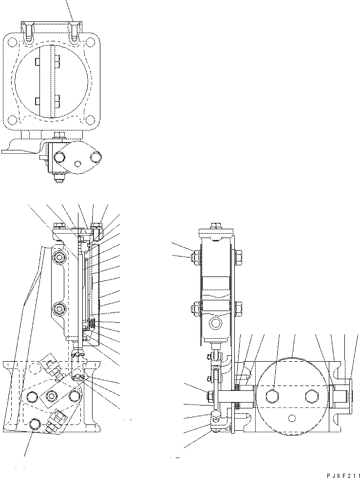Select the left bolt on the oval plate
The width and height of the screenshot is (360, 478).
pyautogui.click(x=59, y=157)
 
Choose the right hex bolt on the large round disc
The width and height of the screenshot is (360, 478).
pyautogui.click(x=311, y=396)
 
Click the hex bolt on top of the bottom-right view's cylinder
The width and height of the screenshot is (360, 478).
pyautogui.click(x=215, y=226)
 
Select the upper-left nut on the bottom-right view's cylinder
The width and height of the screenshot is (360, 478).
pyautogui.click(x=194, y=257)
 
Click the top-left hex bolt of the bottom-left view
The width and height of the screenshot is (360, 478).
pyautogui.click(x=59, y=226)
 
